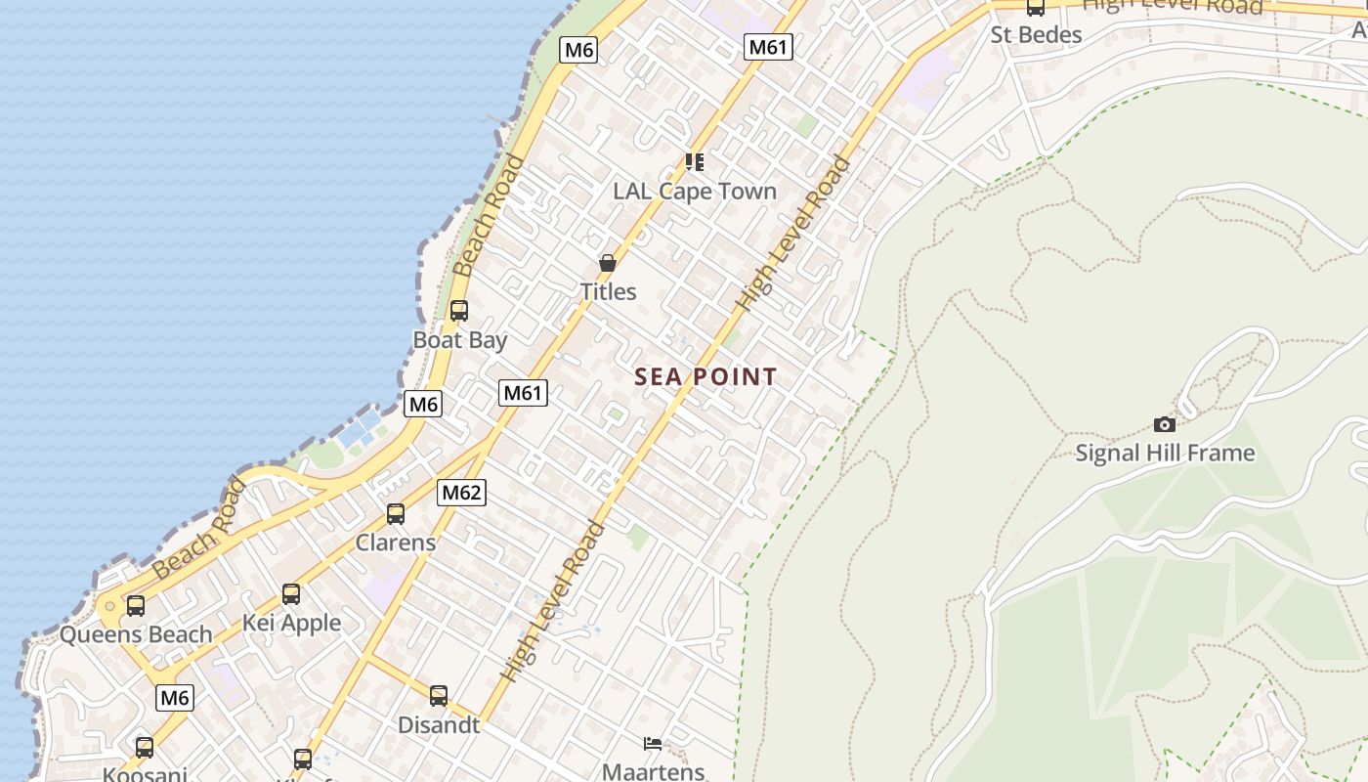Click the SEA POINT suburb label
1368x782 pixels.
coord(705,376)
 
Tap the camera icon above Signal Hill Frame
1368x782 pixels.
coord(1164,424)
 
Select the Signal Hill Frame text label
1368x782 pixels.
coord(1165,453)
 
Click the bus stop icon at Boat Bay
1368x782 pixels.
coord(458,311)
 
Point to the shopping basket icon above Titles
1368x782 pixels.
coord(607,263)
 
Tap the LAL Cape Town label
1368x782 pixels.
coord(694,191)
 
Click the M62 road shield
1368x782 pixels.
coord(461,493)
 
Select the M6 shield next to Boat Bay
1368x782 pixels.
coord(423,404)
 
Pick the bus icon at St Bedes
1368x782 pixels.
coord(1035,8)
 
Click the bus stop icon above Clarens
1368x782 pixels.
coord(395,513)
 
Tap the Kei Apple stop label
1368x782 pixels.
coord(291,623)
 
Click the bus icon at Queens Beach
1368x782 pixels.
coord(135,605)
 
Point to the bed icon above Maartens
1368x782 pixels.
coord(653,744)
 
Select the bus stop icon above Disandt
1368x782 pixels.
coord(439,696)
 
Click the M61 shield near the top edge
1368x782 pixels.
coord(767,47)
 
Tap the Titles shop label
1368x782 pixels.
coord(608,291)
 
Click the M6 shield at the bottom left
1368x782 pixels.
coord(174,698)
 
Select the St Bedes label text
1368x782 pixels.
coord(1036,35)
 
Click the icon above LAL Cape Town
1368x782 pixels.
coord(694,161)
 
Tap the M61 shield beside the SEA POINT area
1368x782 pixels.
coord(523,393)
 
